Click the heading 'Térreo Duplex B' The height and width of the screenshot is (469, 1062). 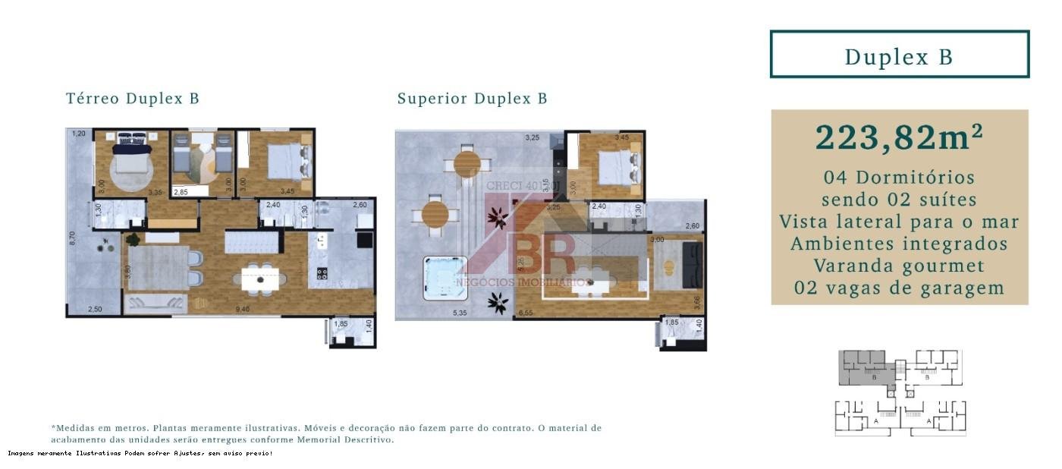(132, 99)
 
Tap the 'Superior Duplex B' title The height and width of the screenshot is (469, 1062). (472, 99)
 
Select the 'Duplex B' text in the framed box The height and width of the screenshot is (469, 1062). (899, 57)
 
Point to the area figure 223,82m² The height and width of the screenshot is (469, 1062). (899, 137)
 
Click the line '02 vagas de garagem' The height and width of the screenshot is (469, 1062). (899, 288)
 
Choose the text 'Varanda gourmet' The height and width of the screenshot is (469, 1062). (899, 266)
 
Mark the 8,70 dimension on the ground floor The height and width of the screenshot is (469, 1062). (72, 238)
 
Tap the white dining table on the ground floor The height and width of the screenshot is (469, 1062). (260, 279)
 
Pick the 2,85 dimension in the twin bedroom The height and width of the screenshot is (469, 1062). (181, 193)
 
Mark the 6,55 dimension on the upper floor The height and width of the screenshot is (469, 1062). (526, 312)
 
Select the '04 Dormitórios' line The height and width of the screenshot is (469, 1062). (899, 178)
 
